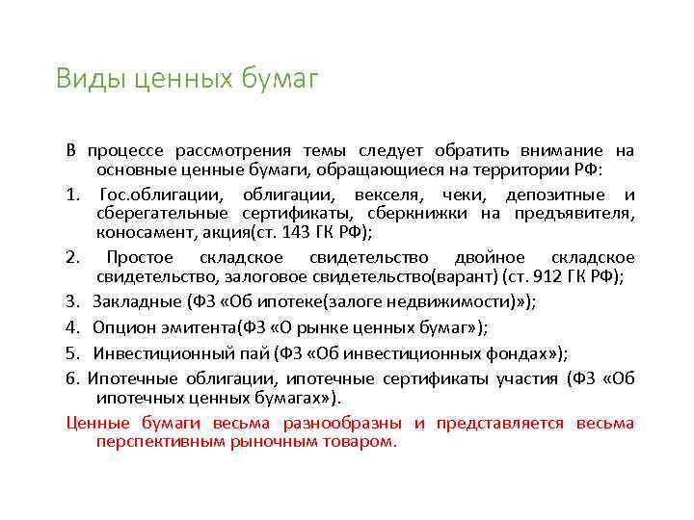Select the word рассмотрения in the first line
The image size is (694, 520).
point(234,151)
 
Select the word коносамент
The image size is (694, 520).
point(141,232)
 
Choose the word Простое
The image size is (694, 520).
point(140,258)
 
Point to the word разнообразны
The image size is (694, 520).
point(343,423)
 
